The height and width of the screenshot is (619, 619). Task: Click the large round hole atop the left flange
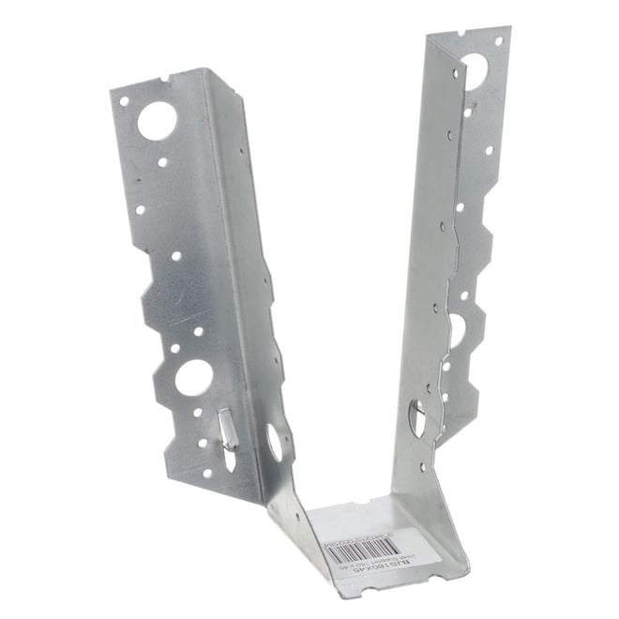point(156,120)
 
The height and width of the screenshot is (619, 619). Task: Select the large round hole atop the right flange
point(473,69)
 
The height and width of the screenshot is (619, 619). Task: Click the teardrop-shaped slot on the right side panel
point(417,416)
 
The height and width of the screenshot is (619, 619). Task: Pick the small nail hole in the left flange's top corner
point(123,98)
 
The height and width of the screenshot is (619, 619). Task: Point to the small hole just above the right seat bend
point(422,466)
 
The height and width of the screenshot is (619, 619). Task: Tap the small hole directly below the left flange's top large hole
point(162,161)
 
